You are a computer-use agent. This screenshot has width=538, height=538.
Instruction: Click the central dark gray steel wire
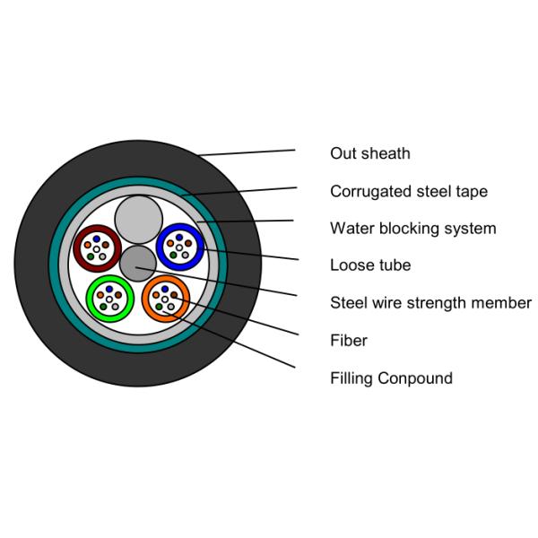(137, 263)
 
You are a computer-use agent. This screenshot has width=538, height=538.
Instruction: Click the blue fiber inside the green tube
(112, 290)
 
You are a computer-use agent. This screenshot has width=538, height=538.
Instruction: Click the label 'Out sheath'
(369, 153)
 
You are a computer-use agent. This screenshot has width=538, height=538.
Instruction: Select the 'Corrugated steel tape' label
(408, 191)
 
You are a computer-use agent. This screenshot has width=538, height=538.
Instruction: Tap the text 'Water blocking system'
(412, 229)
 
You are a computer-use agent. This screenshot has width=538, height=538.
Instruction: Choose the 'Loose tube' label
(370, 265)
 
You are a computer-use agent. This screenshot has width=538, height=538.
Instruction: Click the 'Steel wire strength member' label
(430, 303)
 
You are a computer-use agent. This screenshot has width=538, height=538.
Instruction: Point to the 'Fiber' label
(349, 341)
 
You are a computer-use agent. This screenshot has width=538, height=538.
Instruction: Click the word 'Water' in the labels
(351, 229)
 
